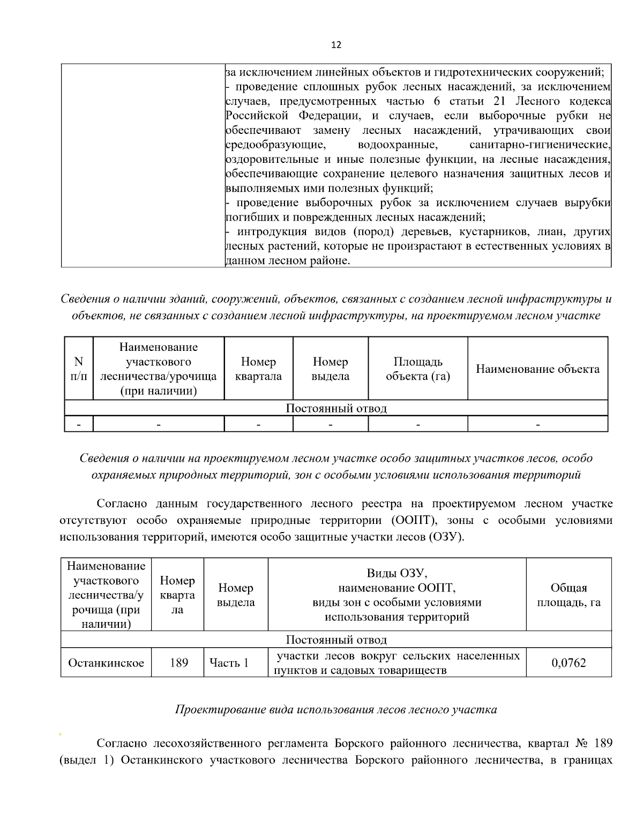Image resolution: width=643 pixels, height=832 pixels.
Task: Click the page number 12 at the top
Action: (x=336, y=45)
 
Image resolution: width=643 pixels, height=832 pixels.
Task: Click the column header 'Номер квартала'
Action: (x=258, y=369)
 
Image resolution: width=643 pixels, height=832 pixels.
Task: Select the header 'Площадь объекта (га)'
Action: (x=418, y=369)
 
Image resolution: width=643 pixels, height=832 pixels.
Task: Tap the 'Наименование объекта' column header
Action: (x=537, y=369)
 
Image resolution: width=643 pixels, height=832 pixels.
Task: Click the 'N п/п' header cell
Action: (x=79, y=369)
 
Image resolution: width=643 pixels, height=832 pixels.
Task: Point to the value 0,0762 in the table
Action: (x=569, y=663)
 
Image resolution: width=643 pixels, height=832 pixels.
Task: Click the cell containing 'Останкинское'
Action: (x=106, y=663)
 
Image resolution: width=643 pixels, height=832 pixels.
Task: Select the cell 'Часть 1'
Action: (x=229, y=663)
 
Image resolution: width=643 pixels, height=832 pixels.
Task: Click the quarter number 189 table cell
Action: (x=179, y=663)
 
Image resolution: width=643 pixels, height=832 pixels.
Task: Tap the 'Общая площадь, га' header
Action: (x=569, y=595)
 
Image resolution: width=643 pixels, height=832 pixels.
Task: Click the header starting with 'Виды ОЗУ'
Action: (x=397, y=595)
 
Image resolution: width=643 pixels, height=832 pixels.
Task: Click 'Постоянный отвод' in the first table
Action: (x=336, y=408)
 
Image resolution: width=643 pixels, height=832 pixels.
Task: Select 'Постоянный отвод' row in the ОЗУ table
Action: (x=336, y=640)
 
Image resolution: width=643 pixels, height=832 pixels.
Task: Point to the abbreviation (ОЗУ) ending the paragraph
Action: (x=446, y=537)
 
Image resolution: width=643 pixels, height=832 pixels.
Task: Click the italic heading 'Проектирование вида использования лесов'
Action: (x=336, y=709)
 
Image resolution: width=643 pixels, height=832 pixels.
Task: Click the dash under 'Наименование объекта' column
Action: (x=537, y=424)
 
